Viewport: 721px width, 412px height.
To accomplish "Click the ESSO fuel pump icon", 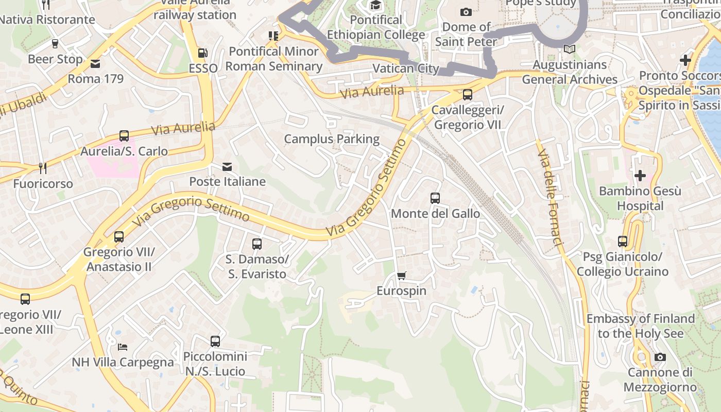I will tap(203, 53).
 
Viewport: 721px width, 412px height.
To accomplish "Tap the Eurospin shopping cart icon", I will tap(402, 276).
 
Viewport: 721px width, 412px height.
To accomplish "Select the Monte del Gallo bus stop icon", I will tap(435, 198).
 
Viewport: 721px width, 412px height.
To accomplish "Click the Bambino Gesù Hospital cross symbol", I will tap(640, 176).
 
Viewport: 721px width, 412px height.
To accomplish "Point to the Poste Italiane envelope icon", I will tap(227, 166).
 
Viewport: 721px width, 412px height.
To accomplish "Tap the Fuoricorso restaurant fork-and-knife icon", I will tap(43, 168).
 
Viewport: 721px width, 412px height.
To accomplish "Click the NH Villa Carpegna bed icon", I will tap(123, 347).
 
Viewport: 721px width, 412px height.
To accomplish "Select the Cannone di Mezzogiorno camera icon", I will tap(660, 357).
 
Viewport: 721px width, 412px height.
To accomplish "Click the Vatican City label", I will tap(406, 68).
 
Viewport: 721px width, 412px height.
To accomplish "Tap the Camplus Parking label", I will tap(332, 139).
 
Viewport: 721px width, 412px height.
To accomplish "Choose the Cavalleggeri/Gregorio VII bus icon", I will tap(467, 95).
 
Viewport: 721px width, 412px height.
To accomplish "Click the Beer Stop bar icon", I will tap(55, 44).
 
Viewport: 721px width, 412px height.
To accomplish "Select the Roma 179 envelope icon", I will tap(95, 64).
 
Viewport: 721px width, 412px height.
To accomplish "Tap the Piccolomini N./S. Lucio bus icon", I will tap(215, 341).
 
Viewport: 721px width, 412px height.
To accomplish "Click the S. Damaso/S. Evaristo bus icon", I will tap(256, 244).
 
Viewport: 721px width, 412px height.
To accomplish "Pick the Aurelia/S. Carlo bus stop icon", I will tap(124, 136).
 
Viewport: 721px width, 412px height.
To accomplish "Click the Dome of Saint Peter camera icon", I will tap(466, 12).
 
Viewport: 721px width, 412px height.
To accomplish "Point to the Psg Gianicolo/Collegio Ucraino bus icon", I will tap(623, 241).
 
